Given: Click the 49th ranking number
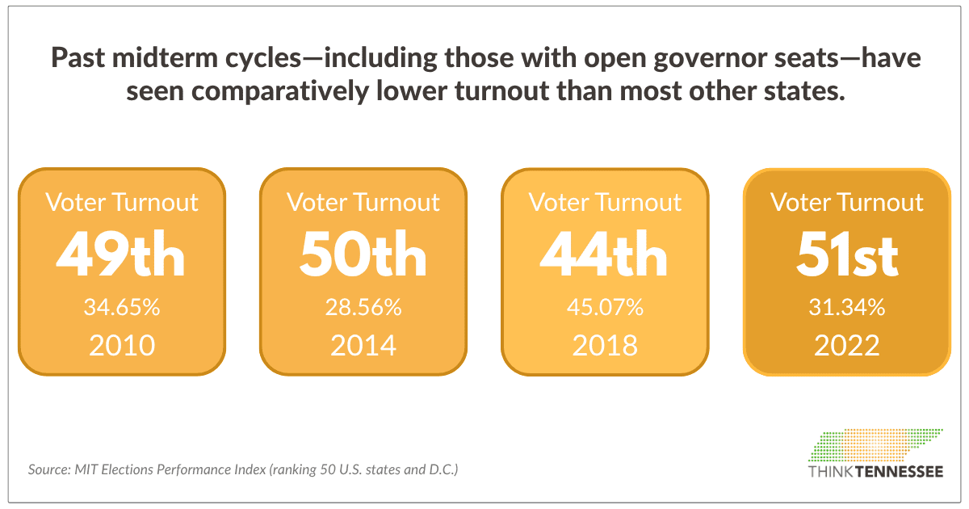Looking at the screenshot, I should [x=121, y=254].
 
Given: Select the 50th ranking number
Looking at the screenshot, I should [x=363, y=254].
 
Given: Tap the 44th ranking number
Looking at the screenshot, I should [x=604, y=254].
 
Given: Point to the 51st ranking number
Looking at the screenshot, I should [x=847, y=254].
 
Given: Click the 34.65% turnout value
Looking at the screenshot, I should [x=121, y=308].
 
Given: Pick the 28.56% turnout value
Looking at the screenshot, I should [x=363, y=308].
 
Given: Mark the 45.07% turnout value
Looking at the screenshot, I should [x=605, y=308].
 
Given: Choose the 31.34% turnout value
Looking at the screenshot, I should [x=847, y=308].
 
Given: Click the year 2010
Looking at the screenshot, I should [x=121, y=346].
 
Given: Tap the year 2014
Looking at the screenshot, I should [x=363, y=346].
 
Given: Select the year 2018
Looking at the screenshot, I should [x=605, y=346].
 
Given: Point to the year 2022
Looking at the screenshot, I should [x=847, y=346].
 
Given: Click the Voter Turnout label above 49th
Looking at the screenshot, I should [x=121, y=202].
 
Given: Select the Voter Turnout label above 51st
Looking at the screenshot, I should [x=847, y=202].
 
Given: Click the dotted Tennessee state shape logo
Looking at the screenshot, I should [x=875, y=445].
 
